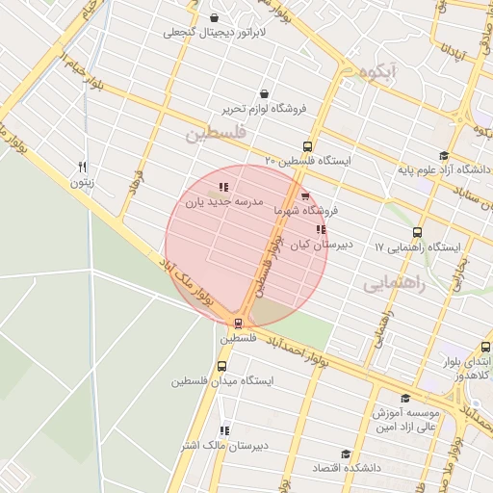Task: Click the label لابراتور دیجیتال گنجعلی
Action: (x=213, y=33)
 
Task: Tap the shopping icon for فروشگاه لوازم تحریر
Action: (x=264, y=93)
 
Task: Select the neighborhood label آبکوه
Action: (x=376, y=72)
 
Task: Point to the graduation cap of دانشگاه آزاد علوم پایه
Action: (x=443, y=155)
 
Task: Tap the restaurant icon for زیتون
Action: (x=83, y=166)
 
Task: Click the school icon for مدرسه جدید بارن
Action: (x=223, y=188)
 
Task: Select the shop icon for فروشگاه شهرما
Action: (x=306, y=197)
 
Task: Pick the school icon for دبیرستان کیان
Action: (x=321, y=230)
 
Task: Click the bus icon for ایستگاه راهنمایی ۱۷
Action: (x=417, y=232)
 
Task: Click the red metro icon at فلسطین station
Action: (x=238, y=324)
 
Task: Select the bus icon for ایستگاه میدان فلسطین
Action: (x=222, y=366)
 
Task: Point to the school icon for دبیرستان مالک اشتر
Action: (x=224, y=430)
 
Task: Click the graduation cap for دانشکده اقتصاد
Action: (x=346, y=454)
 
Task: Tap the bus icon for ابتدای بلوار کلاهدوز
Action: (x=485, y=347)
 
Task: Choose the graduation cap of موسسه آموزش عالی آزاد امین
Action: (x=404, y=398)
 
